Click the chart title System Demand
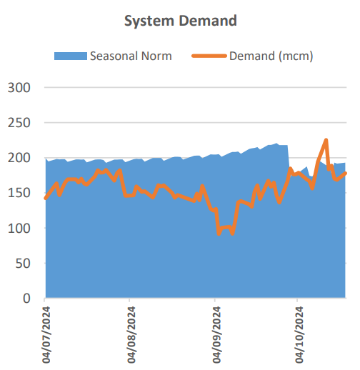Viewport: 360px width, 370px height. click(x=180, y=21)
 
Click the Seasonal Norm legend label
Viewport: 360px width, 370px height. click(x=130, y=56)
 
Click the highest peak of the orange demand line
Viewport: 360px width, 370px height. click(x=326, y=140)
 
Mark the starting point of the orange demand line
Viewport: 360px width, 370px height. click(x=46, y=199)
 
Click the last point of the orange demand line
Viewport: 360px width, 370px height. click(x=346, y=173)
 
